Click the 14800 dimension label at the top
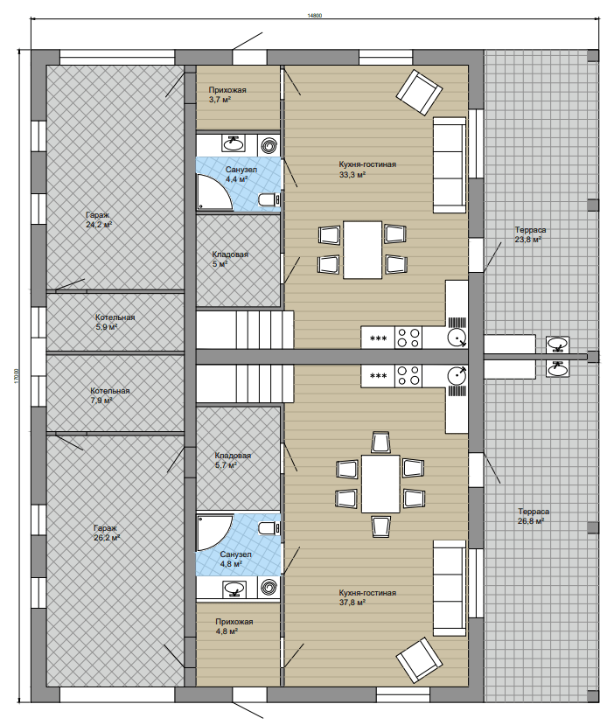tap(314, 15)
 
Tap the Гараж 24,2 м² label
tap(99, 220)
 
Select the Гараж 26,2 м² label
tap(107, 533)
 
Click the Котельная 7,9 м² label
tap(110, 395)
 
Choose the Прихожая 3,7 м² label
tap(227, 94)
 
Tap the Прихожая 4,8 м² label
tap(234, 626)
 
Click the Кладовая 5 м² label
tap(230, 259)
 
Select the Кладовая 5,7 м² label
tap(233, 460)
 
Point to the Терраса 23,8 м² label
tap(530, 234)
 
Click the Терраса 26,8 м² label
tap(534, 516)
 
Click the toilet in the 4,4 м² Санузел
tap(269, 199)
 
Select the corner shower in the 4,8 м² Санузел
tap(213, 533)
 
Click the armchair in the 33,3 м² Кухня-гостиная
tap(418, 92)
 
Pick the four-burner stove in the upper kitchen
tap(408, 338)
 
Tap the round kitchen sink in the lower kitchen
tap(457, 375)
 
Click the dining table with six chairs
tap(380, 484)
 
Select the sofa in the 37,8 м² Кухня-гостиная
tap(449, 588)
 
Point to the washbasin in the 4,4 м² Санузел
tap(234, 143)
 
